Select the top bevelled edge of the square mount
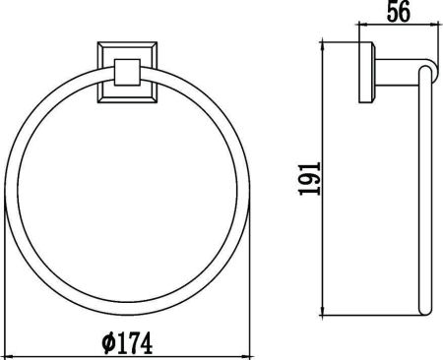[126, 45]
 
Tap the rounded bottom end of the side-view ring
[425, 314]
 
